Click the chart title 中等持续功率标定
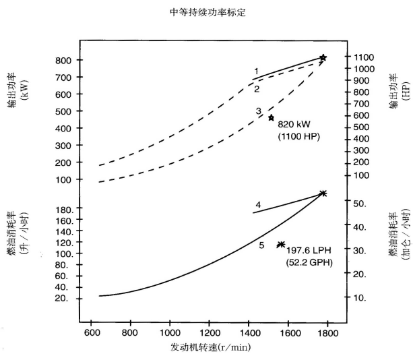207,12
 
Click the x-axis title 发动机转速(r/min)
208,347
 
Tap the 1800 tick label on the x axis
327,332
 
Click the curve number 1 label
257,71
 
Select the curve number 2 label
257,88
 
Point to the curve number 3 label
258,111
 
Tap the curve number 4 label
258,204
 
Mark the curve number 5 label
262,245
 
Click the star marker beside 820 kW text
272,117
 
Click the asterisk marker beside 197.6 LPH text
281,244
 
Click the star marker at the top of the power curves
323,58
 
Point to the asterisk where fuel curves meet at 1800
323,193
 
